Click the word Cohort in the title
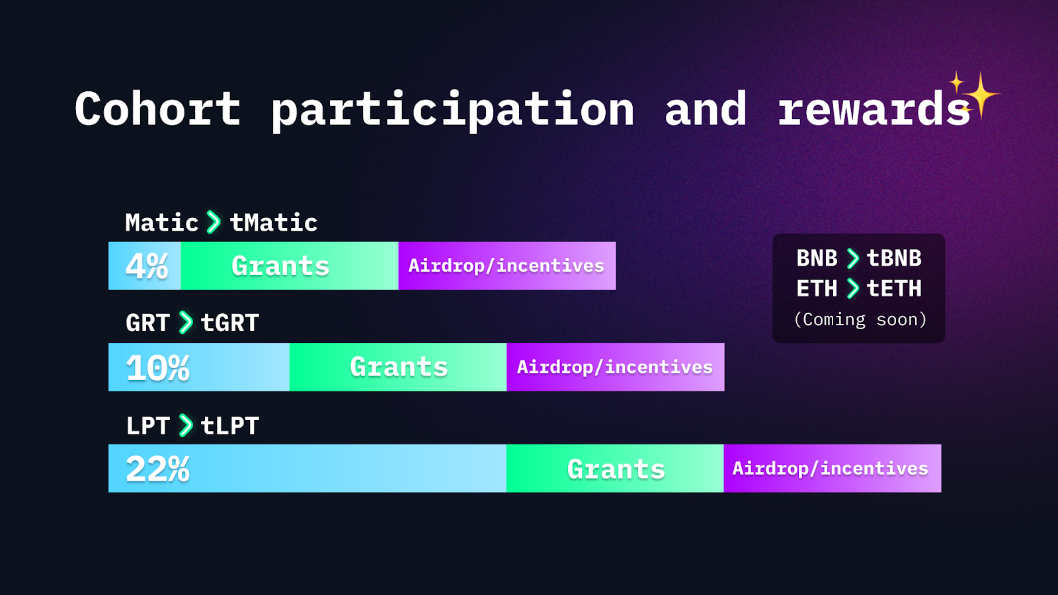click(x=158, y=108)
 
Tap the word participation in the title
click(x=452, y=112)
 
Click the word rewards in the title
click(x=874, y=108)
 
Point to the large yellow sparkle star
click(x=981, y=95)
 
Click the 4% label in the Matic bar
click(x=146, y=266)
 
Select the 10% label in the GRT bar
click(x=158, y=368)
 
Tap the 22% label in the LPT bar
click(x=158, y=469)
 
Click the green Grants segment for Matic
click(x=290, y=266)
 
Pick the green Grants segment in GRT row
click(x=398, y=367)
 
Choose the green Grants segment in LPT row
click(x=615, y=469)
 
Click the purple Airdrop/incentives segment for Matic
click(x=507, y=266)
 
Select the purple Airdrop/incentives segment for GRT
click(x=616, y=367)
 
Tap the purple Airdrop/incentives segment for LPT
click(x=833, y=469)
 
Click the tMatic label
click(x=274, y=223)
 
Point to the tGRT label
click(x=230, y=323)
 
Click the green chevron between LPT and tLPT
click(x=186, y=426)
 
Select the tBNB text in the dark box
click(x=894, y=258)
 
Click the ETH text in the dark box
click(x=817, y=288)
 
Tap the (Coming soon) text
click(x=860, y=320)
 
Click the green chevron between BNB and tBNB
click(x=852, y=258)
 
